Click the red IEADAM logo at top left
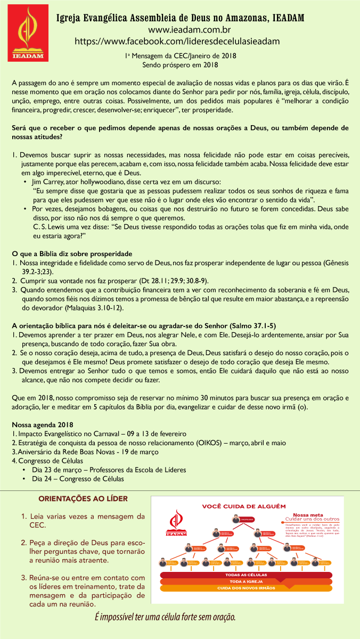(x=26, y=36)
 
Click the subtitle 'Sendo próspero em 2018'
(x=180, y=65)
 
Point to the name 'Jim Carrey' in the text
(x=48, y=182)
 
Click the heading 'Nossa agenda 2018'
(x=42, y=425)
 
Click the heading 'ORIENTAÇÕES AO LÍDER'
(x=83, y=499)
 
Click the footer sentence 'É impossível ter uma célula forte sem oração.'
(x=165, y=617)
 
